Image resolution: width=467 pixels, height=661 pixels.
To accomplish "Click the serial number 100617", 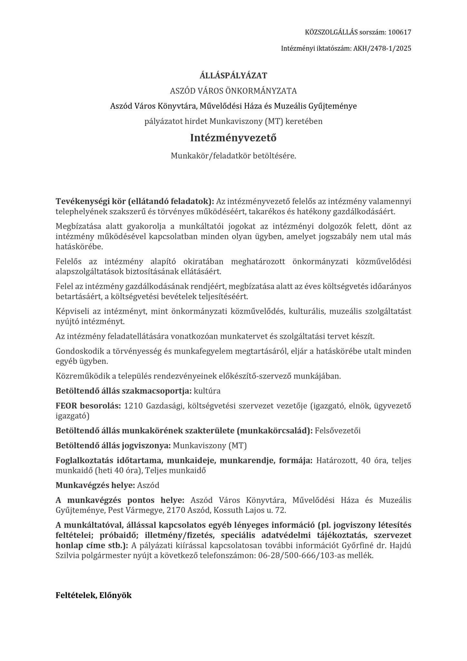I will [x=400, y=32].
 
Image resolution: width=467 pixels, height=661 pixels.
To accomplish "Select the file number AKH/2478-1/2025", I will [x=382, y=48].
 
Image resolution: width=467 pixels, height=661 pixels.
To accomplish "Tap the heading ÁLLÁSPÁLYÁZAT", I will [x=233, y=76].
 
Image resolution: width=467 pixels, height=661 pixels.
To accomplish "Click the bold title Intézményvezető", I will [x=233, y=138].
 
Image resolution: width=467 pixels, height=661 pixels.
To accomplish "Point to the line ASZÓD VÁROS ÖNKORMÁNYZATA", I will [x=233, y=91].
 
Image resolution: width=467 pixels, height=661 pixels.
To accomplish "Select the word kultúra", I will [x=207, y=391].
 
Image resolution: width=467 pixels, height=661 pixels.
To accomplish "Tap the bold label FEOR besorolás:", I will [x=88, y=406].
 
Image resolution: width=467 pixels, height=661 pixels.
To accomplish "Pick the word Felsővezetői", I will [x=338, y=431].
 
